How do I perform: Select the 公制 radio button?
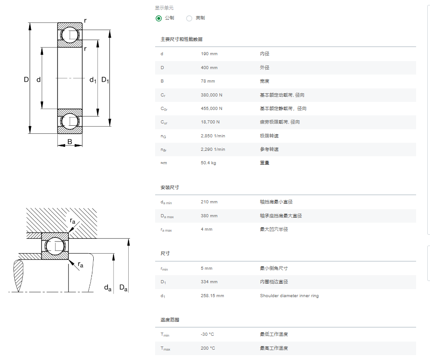(159, 18)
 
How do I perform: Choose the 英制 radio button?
(189, 18)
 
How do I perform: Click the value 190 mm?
(209, 54)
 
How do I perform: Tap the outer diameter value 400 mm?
(209, 67)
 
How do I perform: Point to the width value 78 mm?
(208, 81)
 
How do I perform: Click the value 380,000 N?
(212, 95)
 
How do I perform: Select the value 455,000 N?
(212, 109)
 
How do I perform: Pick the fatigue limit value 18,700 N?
(210, 122)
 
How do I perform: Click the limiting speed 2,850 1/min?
(213, 136)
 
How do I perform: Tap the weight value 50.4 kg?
(208, 163)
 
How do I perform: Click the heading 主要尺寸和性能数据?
(182, 39)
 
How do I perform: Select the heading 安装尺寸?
(170, 187)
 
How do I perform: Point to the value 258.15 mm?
(212, 296)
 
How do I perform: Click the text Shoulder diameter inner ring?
(289, 296)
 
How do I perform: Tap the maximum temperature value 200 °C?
(208, 348)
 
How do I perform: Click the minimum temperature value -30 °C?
(207, 334)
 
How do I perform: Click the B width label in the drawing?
(69, 142)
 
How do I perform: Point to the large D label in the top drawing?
(26, 79)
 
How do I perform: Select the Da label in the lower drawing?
(123, 288)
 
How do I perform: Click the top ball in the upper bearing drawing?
(69, 35)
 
